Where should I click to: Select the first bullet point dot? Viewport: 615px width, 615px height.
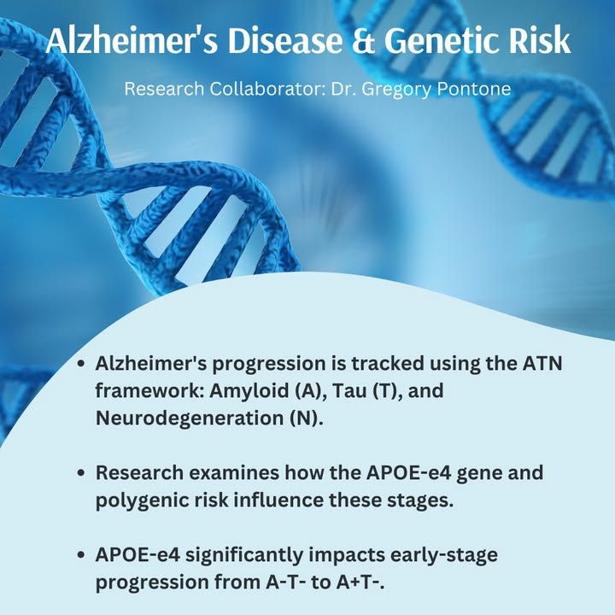point(81,364)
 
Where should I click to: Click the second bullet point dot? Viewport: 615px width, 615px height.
point(81,472)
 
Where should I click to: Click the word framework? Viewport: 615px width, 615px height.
point(149,390)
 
